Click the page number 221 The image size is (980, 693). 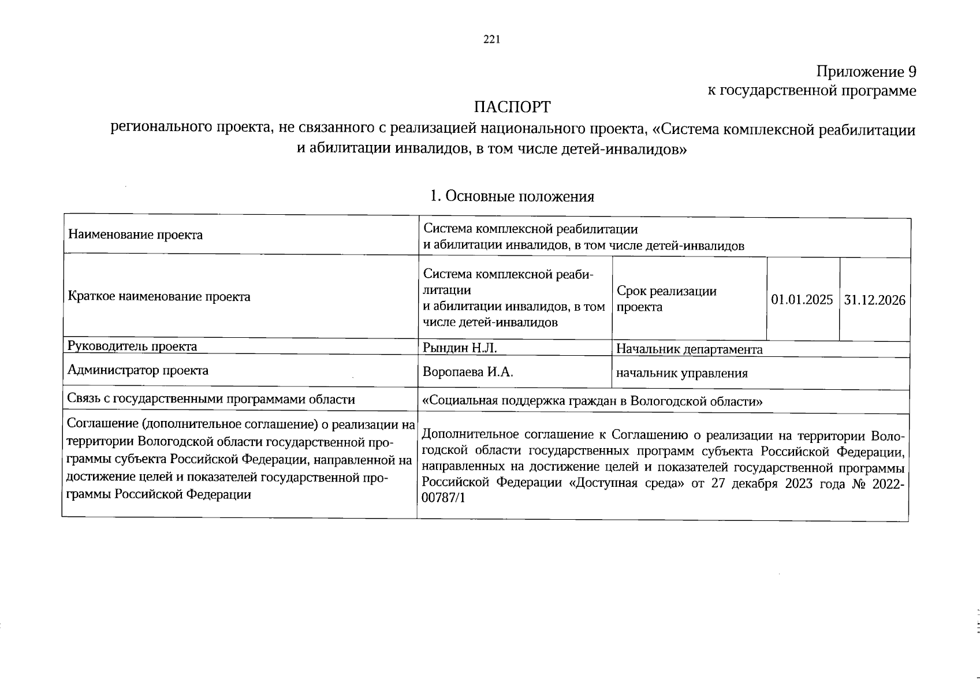491,40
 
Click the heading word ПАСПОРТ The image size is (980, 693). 512,108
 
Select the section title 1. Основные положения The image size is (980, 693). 512,197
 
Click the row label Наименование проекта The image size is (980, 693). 136,235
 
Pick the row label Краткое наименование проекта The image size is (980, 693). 159,297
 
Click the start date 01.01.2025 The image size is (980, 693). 802,300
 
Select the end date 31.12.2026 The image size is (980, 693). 875,300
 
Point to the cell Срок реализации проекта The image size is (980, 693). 666,299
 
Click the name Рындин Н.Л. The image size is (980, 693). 460,348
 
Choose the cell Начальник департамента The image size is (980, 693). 690,349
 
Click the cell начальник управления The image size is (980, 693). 682,374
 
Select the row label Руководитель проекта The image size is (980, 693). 133,346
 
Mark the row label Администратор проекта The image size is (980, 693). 138,370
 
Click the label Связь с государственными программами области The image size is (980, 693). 211,400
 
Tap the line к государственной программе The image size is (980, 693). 812,91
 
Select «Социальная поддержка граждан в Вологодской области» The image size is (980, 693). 593,401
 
